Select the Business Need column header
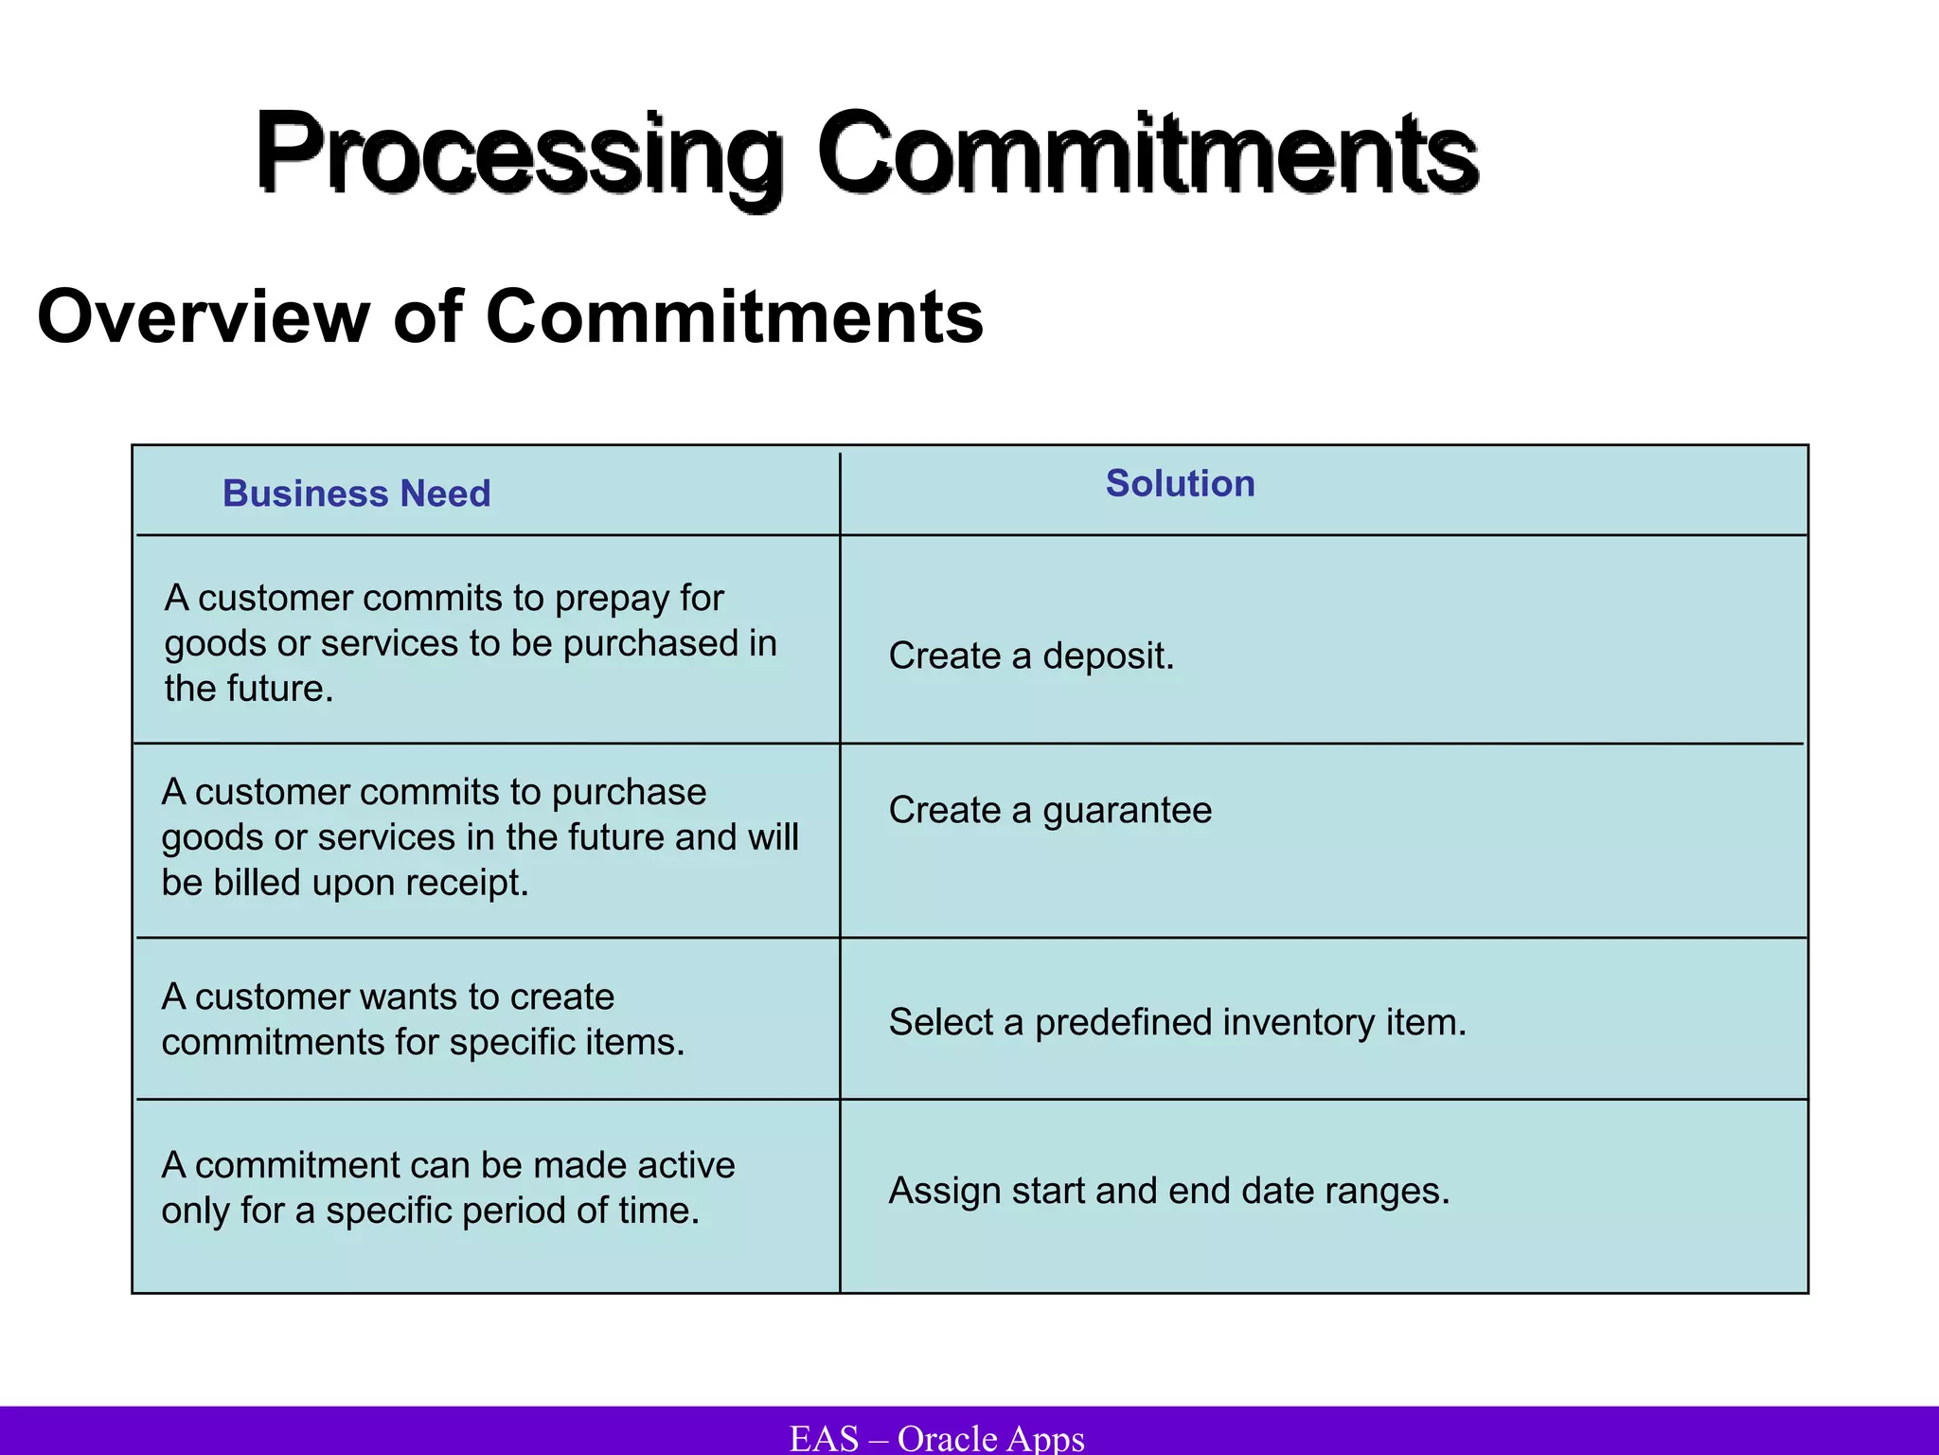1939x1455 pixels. coord(356,494)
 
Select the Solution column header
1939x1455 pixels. coord(1180,483)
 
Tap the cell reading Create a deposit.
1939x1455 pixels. coord(1030,656)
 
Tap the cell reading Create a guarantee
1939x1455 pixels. coord(1049,810)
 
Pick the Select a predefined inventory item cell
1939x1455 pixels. coord(1177,1022)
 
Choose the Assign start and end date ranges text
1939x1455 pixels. coord(1168,1191)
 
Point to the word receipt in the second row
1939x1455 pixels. coord(466,883)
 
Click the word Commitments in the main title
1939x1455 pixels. coord(1147,154)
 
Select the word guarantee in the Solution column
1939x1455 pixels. coord(1127,811)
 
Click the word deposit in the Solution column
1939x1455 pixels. coord(1108,656)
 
